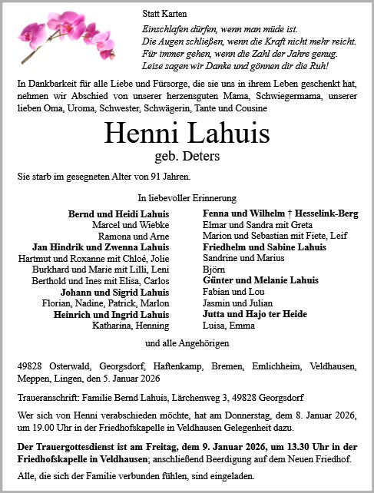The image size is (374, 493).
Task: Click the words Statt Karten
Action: point(162,14)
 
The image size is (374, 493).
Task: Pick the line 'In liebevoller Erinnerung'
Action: point(187,198)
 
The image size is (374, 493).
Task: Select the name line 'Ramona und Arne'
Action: point(141,237)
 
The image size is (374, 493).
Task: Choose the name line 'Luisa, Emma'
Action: point(226,326)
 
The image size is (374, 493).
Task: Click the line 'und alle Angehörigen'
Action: point(187,342)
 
